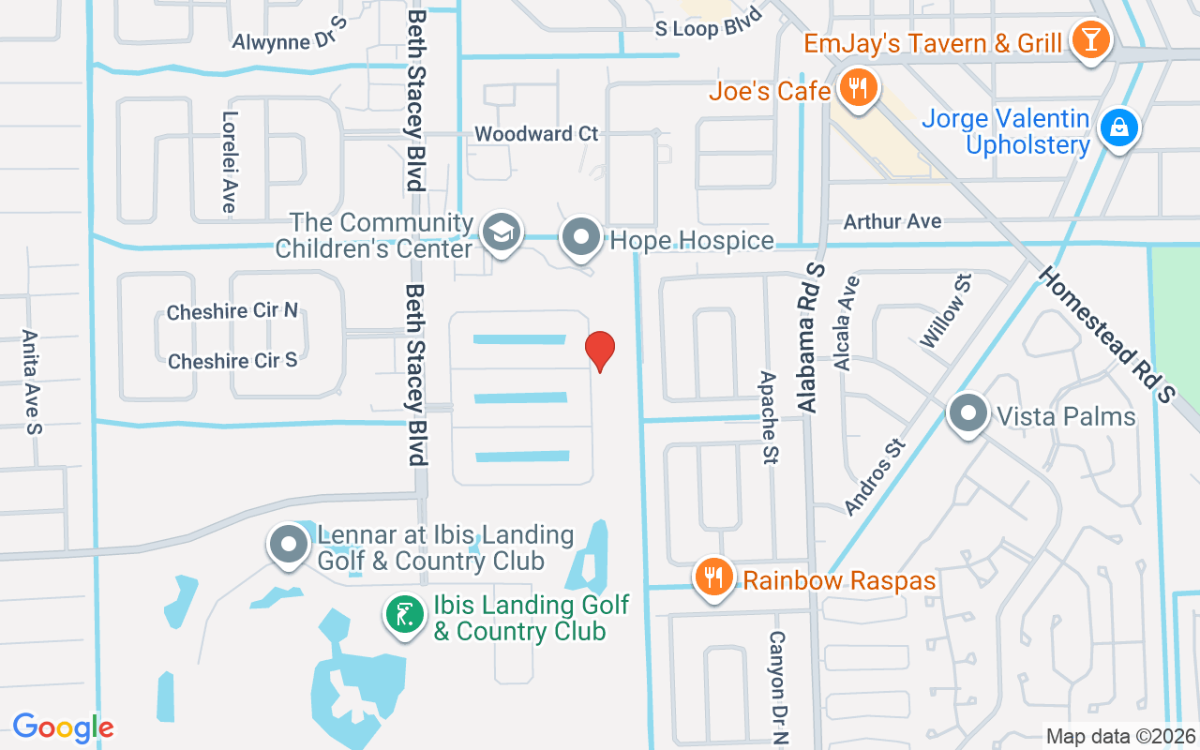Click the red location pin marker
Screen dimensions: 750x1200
[600, 350]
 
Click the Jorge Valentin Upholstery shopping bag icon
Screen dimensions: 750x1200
[1118, 130]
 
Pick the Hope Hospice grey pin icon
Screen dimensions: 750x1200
[581, 238]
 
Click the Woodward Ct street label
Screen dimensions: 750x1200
[536, 134]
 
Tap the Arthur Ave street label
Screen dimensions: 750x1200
[892, 221]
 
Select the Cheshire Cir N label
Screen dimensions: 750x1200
[232, 311]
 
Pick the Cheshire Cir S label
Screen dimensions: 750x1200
[232, 361]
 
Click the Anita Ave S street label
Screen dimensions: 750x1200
[33, 382]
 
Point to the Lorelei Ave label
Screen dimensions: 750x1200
[229, 162]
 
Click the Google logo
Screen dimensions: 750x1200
[63, 727]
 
